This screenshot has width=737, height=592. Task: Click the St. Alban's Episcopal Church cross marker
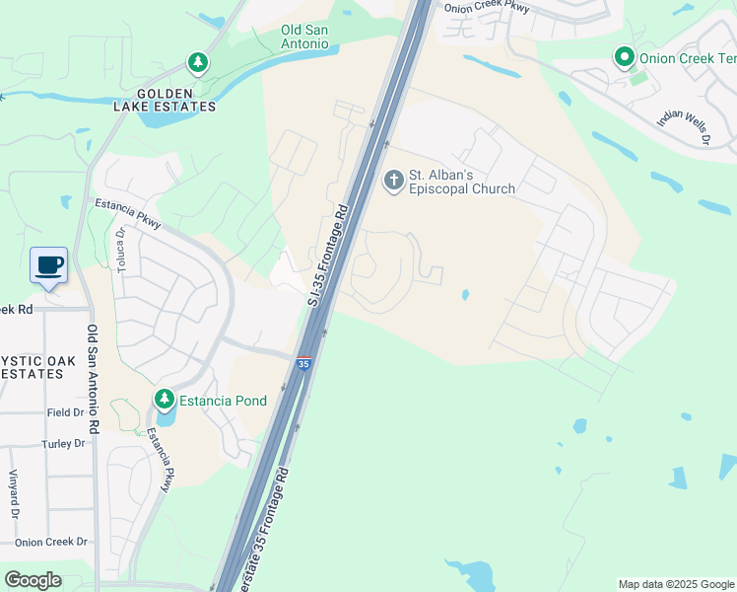393,180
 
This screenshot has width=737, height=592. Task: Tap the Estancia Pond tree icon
164,400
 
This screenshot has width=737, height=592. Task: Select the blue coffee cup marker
49,264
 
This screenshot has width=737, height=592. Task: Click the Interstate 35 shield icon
304,364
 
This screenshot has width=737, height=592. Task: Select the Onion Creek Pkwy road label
487,8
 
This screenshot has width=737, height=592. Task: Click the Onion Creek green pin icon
623,57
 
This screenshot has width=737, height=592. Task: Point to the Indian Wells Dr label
684,125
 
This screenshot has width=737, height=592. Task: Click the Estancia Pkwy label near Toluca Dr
128,214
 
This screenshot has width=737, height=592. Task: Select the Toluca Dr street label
120,251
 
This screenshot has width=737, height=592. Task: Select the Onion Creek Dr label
51,542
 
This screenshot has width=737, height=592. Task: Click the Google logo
33,580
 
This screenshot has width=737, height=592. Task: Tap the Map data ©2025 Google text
676,584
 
